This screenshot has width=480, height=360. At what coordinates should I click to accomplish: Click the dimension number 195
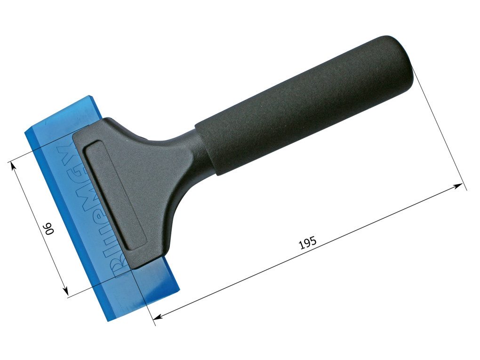[308, 243]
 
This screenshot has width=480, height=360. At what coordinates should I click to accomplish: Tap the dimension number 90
[49, 228]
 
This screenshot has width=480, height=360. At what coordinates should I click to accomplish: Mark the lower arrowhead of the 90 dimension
[65, 291]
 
